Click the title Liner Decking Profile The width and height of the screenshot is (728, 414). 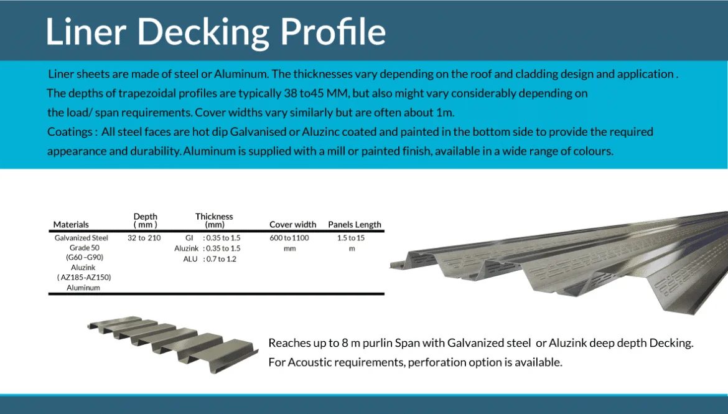[215, 32]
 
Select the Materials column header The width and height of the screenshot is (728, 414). [71, 225]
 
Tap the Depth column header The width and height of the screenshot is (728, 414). [146, 220]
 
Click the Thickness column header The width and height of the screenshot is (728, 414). [214, 220]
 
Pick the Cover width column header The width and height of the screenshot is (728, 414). [292, 225]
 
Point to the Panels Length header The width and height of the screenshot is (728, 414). [355, 225]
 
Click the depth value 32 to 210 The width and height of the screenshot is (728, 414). [144, 238]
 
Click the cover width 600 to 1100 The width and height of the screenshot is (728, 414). [289, 238]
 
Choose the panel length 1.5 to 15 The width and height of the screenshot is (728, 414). [352, 238]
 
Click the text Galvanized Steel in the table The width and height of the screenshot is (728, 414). [81, 238]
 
